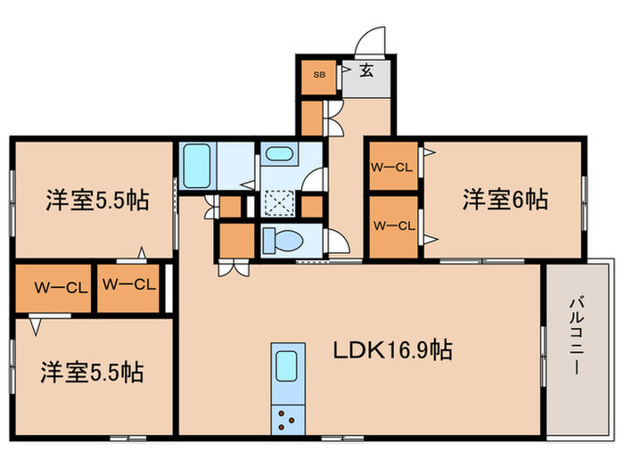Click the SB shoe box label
pyautogui.click(x=318, y=75)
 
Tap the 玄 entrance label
pyautogui.click(x=366, y=72)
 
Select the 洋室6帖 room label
pyautogui.click(x=505, y=200)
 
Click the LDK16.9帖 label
pyautogui.click(x=392, y=350)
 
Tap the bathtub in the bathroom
pyautogui.click(x=195, y=164)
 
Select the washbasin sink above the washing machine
pyautogui.click(x=280, y=154)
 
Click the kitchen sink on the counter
pyautogui.click(x=285, y=366)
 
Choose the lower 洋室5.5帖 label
pyautogui.click(x=93, y=371)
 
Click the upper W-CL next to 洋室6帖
pyautogui.click(x=392, y=166)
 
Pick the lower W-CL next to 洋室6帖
pyautogui.click(x=392, y=226)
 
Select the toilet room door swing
pyautogui.click(x=338, y=241)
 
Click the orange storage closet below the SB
pyautogui.click(x=312, y=117)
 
